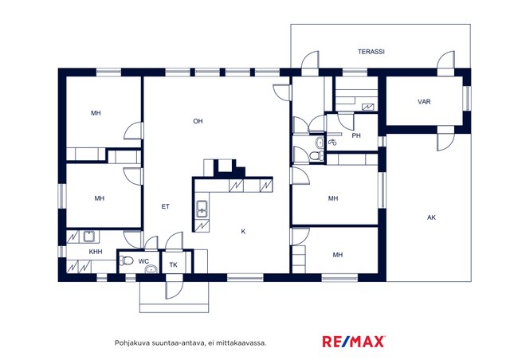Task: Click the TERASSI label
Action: (371, 52)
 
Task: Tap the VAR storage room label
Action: (424, 102)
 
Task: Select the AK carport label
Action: (431, 217)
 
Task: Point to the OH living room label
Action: (198, 121)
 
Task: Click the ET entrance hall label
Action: (166, 206)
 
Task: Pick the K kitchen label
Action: (243, 232)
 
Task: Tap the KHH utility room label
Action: (96, 252)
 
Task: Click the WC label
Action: (143, 261)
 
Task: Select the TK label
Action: (174, 265)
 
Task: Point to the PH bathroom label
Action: (356, 135)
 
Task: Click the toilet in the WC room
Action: (127, 260)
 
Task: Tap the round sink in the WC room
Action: (151, 269)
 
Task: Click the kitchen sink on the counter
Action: (202, 209)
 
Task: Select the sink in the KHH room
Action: (88, 237)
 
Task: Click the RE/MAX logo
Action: (354, 342)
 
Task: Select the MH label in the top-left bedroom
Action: (96, 113)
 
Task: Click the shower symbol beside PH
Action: (332, 142)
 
